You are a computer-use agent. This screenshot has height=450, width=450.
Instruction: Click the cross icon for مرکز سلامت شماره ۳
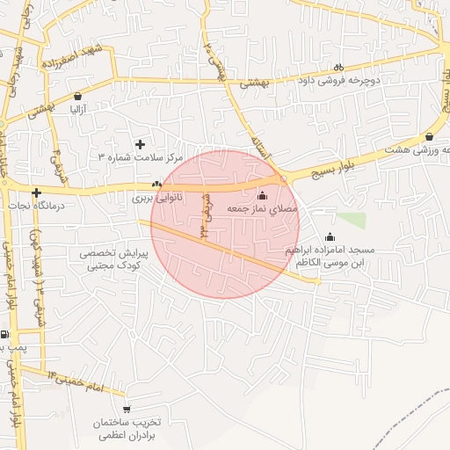tap(140, 143)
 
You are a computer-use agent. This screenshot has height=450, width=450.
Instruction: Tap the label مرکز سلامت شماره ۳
tap(140, 157)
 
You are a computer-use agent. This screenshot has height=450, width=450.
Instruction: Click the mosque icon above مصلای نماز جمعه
tap(263, 195)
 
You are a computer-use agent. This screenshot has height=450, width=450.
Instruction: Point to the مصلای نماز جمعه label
tap(263, 209)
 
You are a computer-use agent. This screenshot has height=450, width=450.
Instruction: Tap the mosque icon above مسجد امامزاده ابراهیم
tap(330, 236)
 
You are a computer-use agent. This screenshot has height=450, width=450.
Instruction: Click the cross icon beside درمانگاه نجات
tap(36, 192)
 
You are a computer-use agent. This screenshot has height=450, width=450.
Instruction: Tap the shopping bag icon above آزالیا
tap(78, 96)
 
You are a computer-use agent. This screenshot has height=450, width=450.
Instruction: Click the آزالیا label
tap(78, 110)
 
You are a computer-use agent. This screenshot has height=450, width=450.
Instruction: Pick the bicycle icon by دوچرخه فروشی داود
tap(338, 68)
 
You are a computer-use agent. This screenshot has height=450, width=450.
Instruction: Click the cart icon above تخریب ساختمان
tap(127, 409)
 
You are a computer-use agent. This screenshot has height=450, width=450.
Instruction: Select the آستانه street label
tap(260, 143)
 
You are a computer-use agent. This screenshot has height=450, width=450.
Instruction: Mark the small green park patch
tap(352, 220)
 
